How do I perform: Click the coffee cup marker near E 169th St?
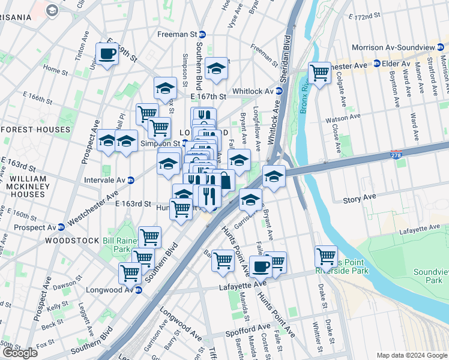tap(107, 54)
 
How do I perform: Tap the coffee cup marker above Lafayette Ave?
tap(261, 266)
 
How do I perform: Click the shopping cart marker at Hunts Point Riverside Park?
tap(326, 257)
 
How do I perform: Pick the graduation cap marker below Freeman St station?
tap(216, 70)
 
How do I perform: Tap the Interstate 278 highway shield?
tap(395, 154)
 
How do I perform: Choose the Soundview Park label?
tap(430, 276)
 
